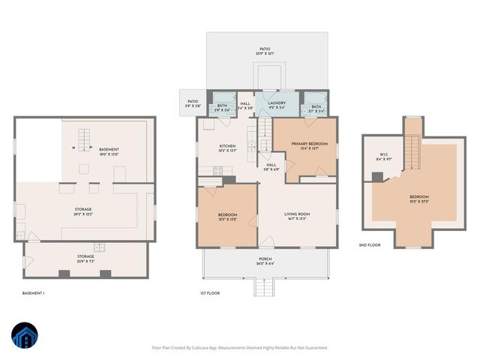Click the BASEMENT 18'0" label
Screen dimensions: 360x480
[x=109, y=151]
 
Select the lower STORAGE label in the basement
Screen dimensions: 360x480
[x=85, y=259]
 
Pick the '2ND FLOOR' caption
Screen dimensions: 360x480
[x=368, y=245]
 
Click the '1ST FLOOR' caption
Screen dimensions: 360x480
[x=209, y=292]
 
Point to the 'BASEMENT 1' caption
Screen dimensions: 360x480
[x=33, y=292]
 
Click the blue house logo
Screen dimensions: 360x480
[x=25, y=337]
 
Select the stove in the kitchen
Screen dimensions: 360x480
[x=218, y=171]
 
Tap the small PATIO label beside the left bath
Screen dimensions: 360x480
[x=192, y=103]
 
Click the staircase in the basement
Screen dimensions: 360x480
[x=84, y=139]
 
